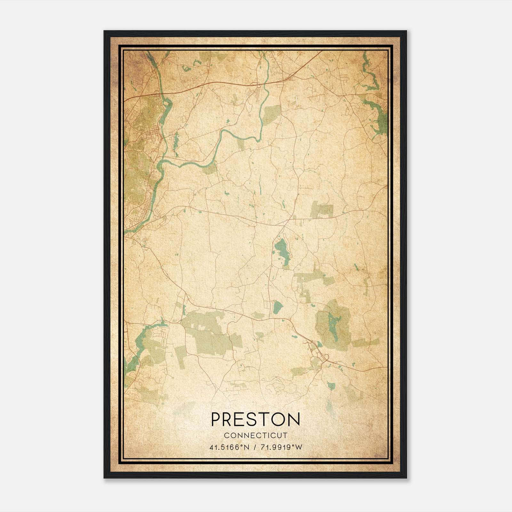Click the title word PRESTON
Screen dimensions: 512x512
(255, 419)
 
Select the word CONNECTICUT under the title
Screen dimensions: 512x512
(256, 436)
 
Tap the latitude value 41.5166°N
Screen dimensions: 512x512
(229, 447)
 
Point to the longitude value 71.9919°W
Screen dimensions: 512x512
(281, 447)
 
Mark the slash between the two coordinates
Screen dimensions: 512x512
(254, 447)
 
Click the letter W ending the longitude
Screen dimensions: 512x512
(299, 447)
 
